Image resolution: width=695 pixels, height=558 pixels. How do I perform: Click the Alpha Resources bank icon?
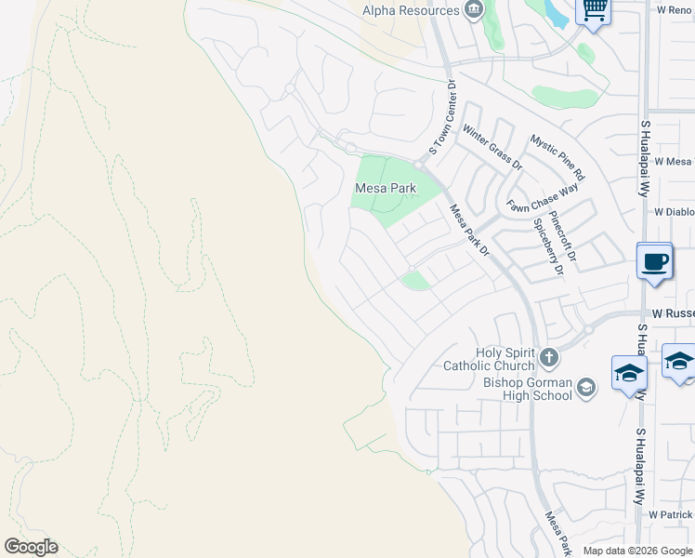[x=474, y=10]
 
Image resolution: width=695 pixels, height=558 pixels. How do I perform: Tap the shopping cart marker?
[x=593, y=11]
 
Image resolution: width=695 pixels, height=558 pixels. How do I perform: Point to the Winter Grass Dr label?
[x=492, y=148]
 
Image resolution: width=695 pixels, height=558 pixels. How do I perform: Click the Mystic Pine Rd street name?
[x=557, y=157]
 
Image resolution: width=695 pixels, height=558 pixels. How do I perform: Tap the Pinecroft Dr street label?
[x=564, y=237]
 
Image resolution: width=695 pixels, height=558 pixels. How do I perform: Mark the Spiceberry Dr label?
[x=548, y=247]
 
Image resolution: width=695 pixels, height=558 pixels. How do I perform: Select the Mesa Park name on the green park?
[x=385, y=188]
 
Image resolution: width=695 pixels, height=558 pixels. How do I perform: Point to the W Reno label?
[x=674, y=9]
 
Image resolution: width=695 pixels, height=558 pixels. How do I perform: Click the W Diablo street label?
[x=674, y=211]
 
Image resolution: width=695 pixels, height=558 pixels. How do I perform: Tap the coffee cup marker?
[x=655, y=260]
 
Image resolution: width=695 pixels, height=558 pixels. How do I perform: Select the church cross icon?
[x=549, y=357]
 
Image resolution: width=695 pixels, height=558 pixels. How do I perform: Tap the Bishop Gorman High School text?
[x=528, y=388]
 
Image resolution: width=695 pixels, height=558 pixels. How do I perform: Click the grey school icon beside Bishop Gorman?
[x=586, y=387]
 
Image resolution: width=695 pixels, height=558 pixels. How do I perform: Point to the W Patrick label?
[x=671, y=514]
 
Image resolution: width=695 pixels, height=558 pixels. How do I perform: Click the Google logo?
[x=31, y=547]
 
